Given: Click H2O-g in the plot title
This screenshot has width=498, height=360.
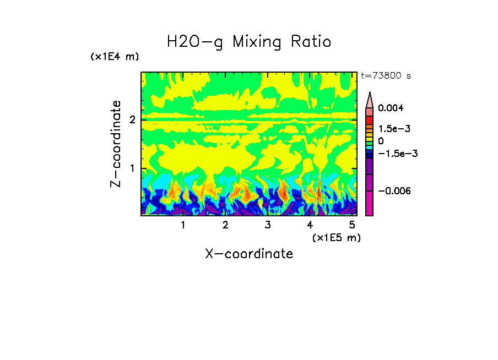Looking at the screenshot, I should [x=194, y=42].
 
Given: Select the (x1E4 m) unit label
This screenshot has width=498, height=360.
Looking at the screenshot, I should [x=115, y=57].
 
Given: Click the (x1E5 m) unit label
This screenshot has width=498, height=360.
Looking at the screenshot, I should [x=336, y=237].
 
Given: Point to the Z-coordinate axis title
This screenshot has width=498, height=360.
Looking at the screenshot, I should [x=116, y=144].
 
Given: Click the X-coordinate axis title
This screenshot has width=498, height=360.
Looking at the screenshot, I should [x=249, y=254].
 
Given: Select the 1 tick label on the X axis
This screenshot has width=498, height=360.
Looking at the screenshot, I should [x=183, y=225].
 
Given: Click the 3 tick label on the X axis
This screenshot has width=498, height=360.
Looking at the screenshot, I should [x=268, y=225].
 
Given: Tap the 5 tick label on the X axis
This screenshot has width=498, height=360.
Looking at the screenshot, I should [x=352, y=225].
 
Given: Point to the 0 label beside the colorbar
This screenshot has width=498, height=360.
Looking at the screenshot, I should [x=381, y=141].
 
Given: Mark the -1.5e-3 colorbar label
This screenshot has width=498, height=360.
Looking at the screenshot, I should [x=397, y=154].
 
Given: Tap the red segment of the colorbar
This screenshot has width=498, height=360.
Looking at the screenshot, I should [x=370, y=119].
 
